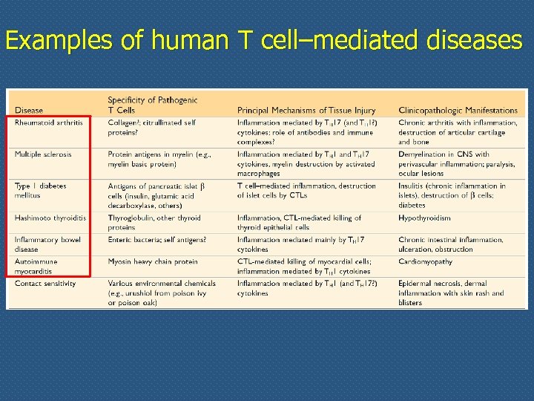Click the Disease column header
[29, 111]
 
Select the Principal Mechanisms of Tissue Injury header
[306, 111]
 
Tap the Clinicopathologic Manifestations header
[458, 111]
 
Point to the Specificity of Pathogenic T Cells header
[153, 105]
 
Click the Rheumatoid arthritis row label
[48, 123]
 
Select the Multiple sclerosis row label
[43, 154]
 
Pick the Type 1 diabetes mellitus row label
[40, 191]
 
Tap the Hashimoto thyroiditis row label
[50, 218]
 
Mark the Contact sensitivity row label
[45, 283]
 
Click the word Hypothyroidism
[424, 218]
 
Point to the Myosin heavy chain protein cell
[153, 261]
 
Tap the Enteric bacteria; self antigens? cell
[156, 240]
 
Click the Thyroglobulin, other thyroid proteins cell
[154, 223]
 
